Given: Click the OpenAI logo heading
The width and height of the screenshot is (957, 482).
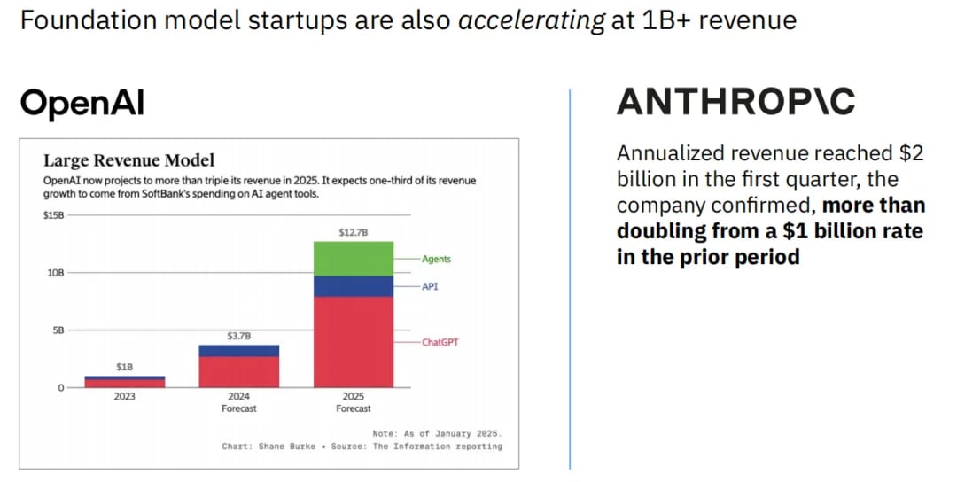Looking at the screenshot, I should pyautogui.click(x=82, y=103).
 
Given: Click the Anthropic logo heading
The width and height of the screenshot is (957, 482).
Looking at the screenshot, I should pyautogui.click(x=735, y=102).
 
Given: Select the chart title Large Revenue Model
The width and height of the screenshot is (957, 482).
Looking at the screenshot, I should pyautogui.click(x=128, y=160).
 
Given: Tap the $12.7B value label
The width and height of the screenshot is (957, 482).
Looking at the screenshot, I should pyautogui.click(x=353, y=232).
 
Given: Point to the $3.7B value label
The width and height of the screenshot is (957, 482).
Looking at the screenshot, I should pyautogui.click(x=239, y=336).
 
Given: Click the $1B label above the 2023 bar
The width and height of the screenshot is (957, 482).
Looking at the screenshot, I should pyautogui.click(x=125, y=367).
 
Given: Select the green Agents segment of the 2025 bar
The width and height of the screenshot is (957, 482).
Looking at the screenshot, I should pyautogui.click(x=353, y=259).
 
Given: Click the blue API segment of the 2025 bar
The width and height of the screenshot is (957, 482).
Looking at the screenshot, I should pyautogui.click(x=353, y=286).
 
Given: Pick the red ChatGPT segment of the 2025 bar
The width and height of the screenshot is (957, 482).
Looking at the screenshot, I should pyautogui.click(x=353, y=342).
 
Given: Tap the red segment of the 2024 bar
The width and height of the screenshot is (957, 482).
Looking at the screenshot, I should pyautogui.click(x=239, y=372).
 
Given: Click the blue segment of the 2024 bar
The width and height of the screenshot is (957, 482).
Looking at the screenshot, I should pyautogui.click(x=239, y=351).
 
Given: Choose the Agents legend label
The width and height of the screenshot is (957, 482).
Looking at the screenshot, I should pyautogui.click(x=436, y=259).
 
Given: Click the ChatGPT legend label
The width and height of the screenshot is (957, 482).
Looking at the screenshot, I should pyautogui.click(x=440, y=341).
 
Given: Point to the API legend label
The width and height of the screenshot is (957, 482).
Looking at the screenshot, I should pyautogui.click(x=430, y=287).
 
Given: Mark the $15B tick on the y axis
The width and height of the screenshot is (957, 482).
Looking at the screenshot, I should pyautogui.click(x=54, y=215).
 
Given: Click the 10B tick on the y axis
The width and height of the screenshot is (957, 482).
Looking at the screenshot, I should pyautogui.click(x=54, y=273).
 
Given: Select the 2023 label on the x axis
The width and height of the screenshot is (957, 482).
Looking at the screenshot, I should pyautogui.click(x=125, y=397).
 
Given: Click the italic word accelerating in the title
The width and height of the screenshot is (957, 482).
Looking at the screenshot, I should pyautogui.click(x=532, y=20).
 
